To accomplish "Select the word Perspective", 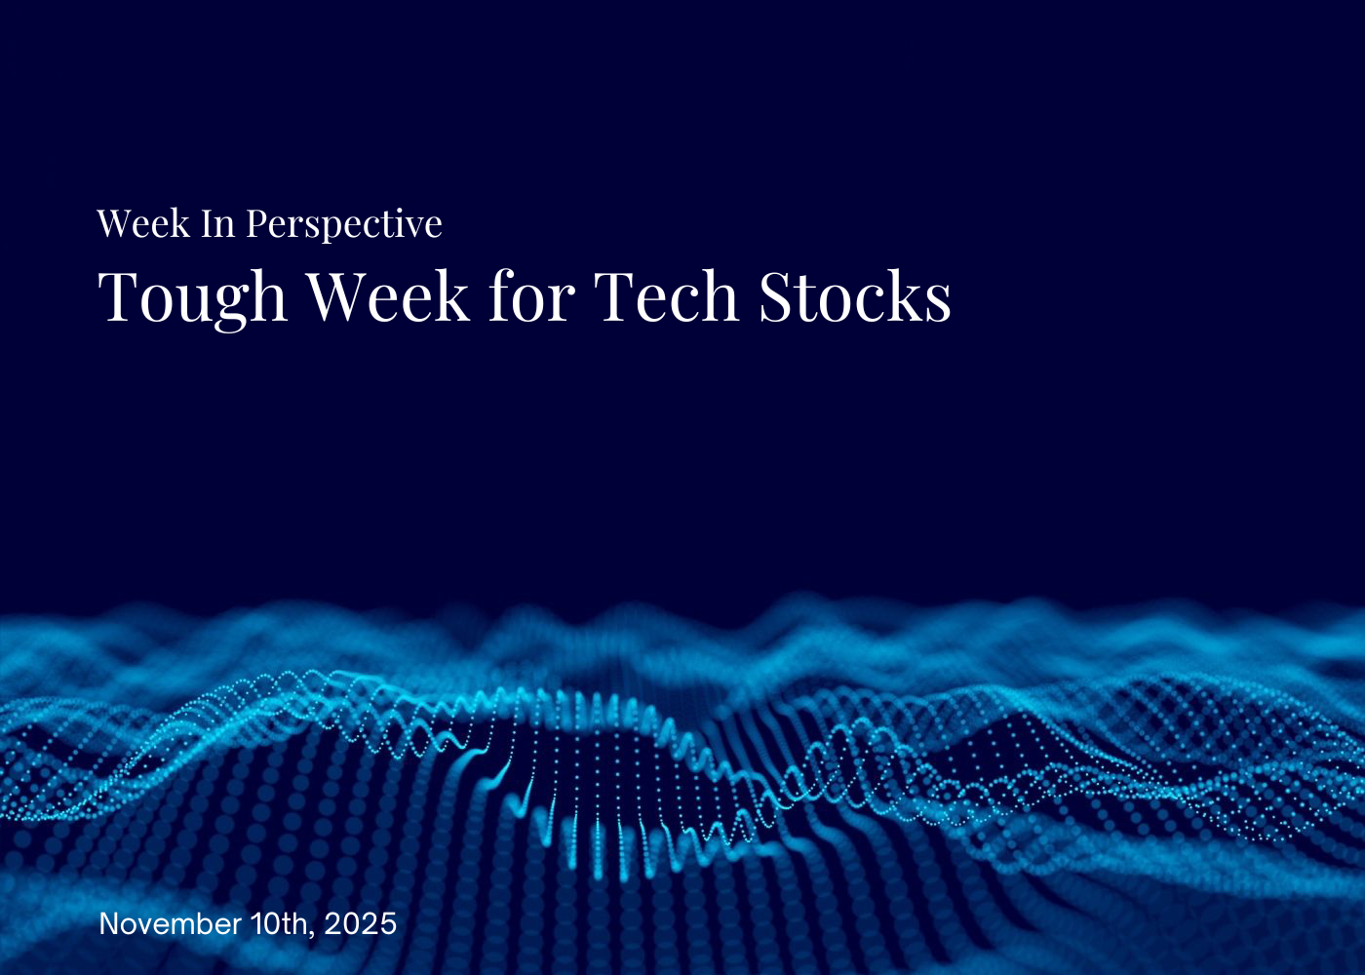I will tap(343, 225).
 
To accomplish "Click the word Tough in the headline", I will tap(192, 296).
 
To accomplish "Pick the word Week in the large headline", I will tap(388, 296).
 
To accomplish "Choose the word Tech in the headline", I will tap(666, 296).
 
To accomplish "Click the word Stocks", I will tap(855, 296).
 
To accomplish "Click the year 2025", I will tap(361, 923).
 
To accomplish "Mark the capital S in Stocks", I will tap(777, 297).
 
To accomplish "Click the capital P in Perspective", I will tap(256, 224).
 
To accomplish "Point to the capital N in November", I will tap(108, 923).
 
